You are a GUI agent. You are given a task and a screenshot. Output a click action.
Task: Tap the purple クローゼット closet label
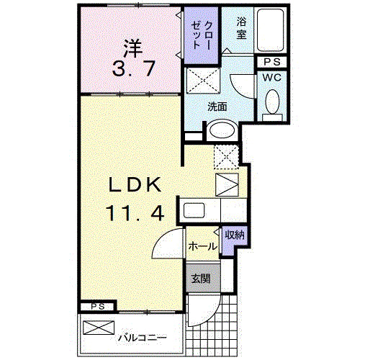point(197,34)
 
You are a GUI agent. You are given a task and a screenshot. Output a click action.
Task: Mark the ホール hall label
point(203,246)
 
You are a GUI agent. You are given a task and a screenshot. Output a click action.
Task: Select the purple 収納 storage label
point(233,235)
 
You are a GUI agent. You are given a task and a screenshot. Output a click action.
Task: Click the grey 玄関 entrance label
point(201,278)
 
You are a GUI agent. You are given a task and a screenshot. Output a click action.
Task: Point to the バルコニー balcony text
point(141,336)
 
